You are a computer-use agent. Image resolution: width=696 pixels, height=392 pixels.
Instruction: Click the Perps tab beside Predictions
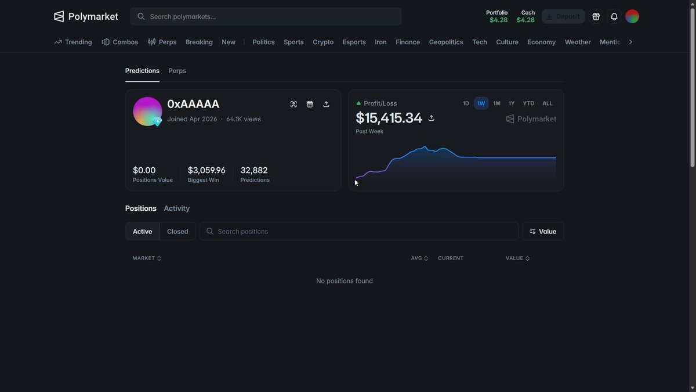(x=177, y=71)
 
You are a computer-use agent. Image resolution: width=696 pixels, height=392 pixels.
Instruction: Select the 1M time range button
(x=496, y=103)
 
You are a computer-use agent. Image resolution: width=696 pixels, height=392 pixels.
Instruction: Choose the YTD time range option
(x=528, y=103)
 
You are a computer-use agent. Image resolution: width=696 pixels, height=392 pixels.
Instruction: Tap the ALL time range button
(x=547, y=103)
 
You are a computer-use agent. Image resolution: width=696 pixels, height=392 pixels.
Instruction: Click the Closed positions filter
(x=177, y=232)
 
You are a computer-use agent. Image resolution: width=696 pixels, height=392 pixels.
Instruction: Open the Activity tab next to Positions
(x=176, y=208)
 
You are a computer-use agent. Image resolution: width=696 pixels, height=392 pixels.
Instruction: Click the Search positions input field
(x=359, y=232)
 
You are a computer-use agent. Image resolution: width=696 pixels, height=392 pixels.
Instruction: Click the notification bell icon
(x=614, y=16)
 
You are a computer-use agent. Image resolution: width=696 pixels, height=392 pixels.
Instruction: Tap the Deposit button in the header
(x=563, y=16)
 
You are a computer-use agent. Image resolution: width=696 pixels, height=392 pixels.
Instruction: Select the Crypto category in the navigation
(x=323, y=42)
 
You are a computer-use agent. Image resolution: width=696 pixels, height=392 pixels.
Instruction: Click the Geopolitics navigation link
(x=446, y=42)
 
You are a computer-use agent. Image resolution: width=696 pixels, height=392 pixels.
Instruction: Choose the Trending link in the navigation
(x=73, y=42)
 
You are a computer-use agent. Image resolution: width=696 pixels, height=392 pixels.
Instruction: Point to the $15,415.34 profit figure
(x=389, y=118)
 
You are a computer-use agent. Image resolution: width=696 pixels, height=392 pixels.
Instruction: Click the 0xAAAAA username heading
(x=193, y=104)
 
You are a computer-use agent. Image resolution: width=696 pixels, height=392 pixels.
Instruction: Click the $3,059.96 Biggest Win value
(x=206, y=170)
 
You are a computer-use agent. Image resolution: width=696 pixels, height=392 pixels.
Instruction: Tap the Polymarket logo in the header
(x=86, y=16)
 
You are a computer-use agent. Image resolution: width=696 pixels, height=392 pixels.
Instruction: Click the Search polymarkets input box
(x=266, y=16)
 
